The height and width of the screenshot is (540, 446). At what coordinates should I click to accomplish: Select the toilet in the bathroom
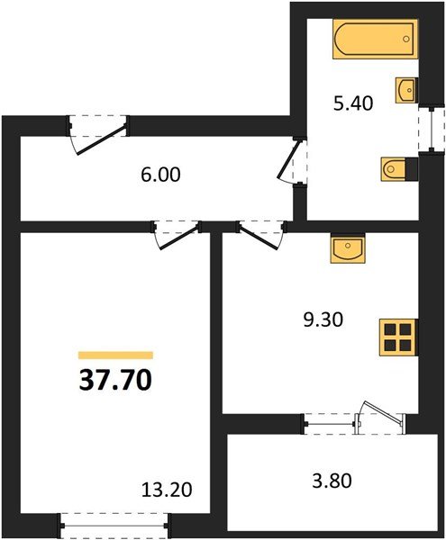397,168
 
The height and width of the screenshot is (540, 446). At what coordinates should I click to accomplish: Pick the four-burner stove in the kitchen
396,337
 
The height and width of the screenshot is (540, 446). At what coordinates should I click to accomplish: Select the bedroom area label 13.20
168,491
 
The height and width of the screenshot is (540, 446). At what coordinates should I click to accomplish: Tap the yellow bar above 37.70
115,355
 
